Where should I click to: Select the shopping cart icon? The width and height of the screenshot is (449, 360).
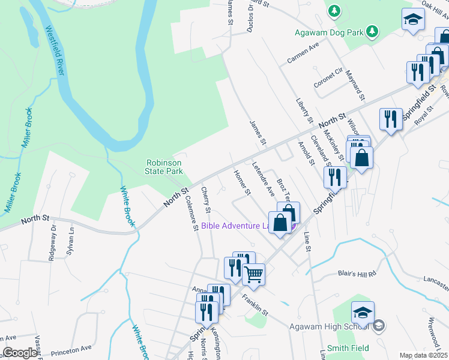pyautogui.click(x=253, y=275)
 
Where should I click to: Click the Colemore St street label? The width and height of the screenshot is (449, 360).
pyautogui.click(x=192, y=214)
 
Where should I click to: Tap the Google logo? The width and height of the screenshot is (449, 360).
pyautogui.click(x=20, y=353)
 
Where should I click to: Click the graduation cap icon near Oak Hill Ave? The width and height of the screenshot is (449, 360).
pyautogui.click(x=412, y=21)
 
